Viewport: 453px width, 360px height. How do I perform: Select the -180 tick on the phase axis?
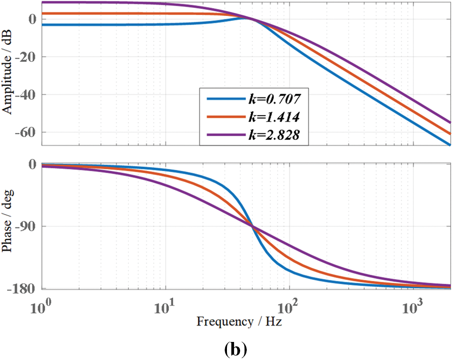tap(24, 288)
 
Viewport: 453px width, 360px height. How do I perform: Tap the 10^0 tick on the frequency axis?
tap(43, 305)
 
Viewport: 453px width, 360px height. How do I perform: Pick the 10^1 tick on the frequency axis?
tap(166, 305)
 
